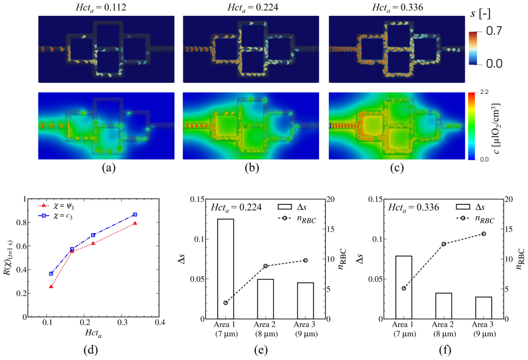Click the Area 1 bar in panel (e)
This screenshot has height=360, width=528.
pos(225,269)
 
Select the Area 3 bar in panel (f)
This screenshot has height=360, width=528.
pos(483,308)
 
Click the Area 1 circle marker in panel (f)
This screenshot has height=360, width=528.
pos(403,288)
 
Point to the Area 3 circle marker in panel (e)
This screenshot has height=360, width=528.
pos(306,260)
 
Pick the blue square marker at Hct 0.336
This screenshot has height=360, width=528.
pos(135,215)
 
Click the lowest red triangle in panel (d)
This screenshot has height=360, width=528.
pos(51,286)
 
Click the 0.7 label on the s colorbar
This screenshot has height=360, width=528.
pos(494,31)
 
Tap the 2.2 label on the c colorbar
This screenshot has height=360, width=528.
pos(484,92)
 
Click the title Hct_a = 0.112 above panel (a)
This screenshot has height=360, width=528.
pos(101,7)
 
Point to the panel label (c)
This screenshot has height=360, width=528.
pos(397,168)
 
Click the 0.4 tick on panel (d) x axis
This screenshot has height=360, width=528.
pos(160,323)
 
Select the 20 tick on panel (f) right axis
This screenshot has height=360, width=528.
pos(509,199)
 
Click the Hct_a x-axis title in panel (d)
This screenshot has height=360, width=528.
pos(93,333)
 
